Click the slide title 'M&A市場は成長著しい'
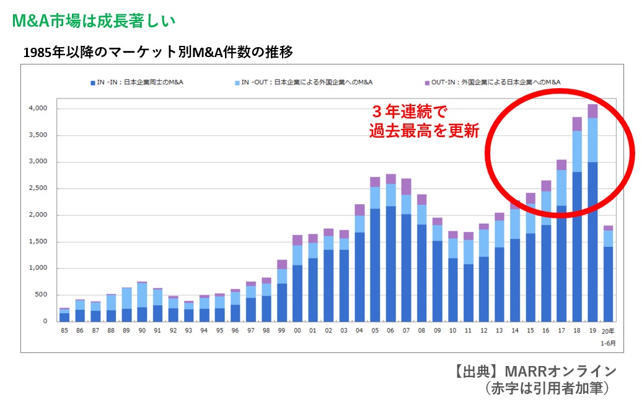94,20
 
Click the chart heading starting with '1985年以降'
157,52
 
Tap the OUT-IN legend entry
493,82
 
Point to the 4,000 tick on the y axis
38,109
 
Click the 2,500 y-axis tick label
38,189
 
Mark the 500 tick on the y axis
41,295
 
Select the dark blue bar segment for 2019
592,242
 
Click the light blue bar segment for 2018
577,151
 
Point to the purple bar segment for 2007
407,187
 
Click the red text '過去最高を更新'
424,131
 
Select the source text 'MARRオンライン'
560,371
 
